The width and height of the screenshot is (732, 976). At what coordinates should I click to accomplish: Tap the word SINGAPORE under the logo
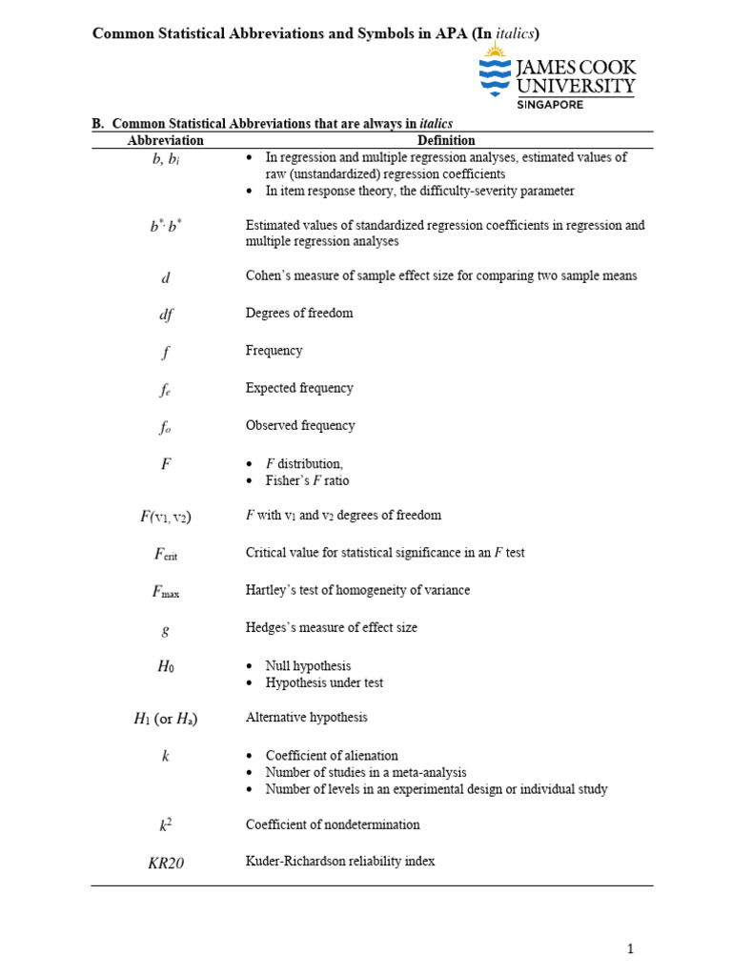click(550, 105)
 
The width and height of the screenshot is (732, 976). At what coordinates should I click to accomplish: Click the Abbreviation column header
click(165, 140)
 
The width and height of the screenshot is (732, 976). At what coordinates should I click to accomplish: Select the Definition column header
click(446, 140)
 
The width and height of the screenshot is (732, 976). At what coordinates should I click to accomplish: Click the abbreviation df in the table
click(165, 314)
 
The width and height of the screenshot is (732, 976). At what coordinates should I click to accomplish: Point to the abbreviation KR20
click(166, 863)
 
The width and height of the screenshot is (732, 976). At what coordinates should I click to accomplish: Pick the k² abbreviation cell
click(165, 825)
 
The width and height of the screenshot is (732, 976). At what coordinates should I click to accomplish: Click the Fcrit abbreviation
click(165, 553)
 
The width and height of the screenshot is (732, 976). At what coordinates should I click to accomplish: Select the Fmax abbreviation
click(165, 591)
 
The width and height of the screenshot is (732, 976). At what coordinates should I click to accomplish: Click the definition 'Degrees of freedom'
click(299, 314)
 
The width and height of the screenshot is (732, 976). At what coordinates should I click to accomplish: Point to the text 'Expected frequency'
click(299, 388)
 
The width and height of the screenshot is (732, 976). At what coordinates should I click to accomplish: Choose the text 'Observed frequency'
click(300, 426)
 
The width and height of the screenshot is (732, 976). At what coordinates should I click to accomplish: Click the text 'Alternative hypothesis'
click(307, 717)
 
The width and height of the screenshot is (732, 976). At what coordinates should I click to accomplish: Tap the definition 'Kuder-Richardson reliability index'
click(340, 862)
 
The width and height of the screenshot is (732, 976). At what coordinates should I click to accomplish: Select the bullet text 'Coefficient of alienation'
click(332, 756)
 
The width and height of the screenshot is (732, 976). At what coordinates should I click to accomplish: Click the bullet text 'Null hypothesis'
click(308, 666)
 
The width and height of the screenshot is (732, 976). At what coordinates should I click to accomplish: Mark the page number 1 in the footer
click(630, 948)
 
